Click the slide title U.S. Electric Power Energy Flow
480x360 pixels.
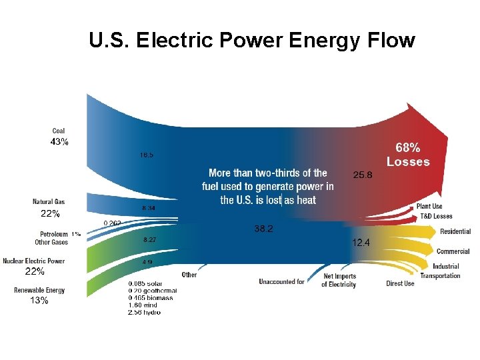point(251,41)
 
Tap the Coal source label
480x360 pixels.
point(59,131)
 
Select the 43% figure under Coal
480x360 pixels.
point(59,142)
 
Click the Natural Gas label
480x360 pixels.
point(49,202)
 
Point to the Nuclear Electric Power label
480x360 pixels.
point(33,261)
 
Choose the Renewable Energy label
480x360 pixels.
point(39,290)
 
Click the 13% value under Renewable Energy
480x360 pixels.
point(39,301)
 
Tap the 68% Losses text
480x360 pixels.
point(408,154)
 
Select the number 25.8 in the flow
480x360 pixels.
point(362,175)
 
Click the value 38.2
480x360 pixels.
point(263,229)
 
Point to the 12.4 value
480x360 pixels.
point(361,243)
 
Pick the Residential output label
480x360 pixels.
point(455,231)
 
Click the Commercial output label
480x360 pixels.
point(453,251)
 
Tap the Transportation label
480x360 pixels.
point(440,275)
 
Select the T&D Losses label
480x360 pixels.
point(435,216)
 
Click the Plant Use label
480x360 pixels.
point(429,207)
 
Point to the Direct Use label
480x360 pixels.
point(400,284)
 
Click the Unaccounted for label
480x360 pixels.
point(281,282)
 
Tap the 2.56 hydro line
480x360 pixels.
point(144,312)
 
